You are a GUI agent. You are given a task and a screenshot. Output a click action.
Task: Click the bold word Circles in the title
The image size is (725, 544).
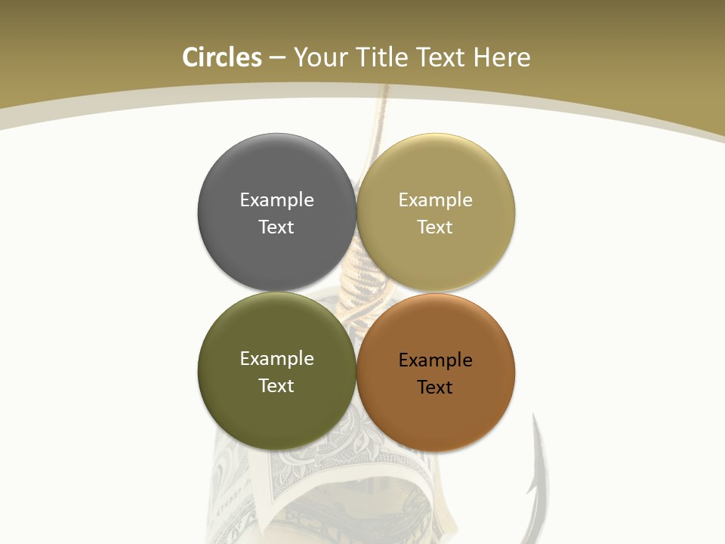click(x=222, y=57)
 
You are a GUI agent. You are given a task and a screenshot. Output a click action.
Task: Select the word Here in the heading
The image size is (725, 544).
click(x=502, y=57)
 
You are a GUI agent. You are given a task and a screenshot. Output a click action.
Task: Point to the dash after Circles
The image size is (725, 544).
click(x=276, y=57)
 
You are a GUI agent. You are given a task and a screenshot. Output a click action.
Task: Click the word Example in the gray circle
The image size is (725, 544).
click(x=276, y=199)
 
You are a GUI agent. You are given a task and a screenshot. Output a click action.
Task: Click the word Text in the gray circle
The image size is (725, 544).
click(x=276, y=227)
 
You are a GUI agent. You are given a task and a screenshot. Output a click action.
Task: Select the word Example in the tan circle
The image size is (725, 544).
click(x=436, y=199)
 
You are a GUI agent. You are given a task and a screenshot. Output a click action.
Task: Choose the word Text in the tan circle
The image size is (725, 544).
click(x=436, y=227)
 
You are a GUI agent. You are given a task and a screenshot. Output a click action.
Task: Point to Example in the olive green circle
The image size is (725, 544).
click(x=276, y=358)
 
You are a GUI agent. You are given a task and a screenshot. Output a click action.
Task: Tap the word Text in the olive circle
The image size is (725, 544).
click(x=276, y=385)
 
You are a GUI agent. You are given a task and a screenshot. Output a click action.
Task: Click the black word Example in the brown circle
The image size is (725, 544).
click(x=436, y=360)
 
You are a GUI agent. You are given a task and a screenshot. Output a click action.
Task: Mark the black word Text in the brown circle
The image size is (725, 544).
click(x=436, y=387)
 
